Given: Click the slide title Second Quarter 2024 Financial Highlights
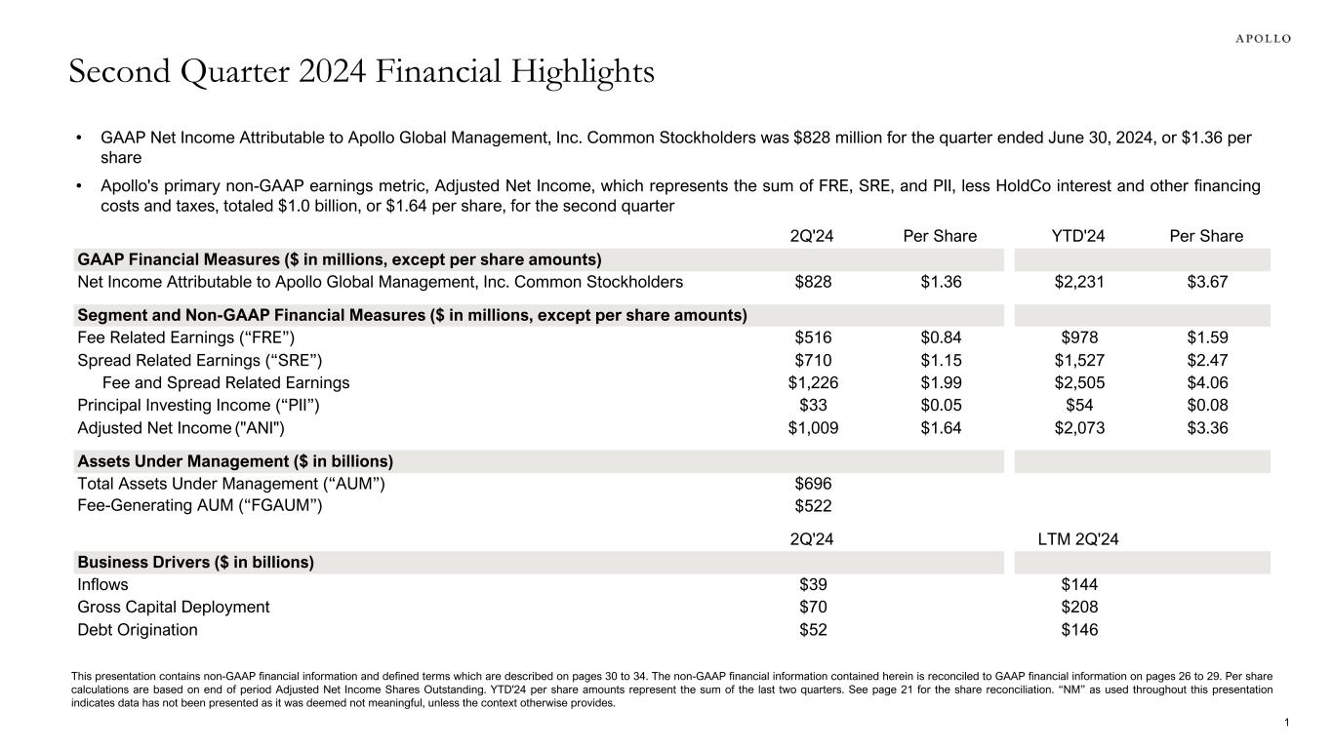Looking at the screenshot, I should coord(361,72).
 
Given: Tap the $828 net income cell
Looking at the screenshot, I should coord(813,282).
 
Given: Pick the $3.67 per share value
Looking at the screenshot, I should coord(1207,282).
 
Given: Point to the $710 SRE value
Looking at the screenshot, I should coord(813,361).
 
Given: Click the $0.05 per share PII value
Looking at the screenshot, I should coord(941,405).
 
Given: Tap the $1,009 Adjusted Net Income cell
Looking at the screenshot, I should coord(813,427).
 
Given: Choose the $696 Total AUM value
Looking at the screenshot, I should coord(813,483).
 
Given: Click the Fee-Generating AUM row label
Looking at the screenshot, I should coord(200,505).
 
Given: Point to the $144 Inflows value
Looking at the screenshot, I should coord(1079,585).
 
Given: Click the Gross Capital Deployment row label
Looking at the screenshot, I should coord(174,607).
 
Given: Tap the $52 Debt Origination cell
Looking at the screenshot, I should coord(813,630).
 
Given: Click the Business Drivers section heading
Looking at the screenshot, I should coord(195,563).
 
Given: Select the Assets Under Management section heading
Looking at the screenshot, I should coord(235,461).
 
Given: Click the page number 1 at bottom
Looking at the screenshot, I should coord(1288,722).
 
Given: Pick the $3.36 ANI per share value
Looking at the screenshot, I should coord(1207,427).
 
